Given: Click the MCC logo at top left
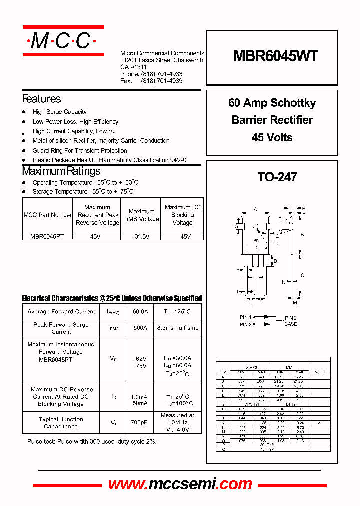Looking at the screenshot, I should [x=63, y=40].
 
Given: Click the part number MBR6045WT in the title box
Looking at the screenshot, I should [x=275, y=56].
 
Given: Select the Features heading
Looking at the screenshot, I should [x=42, y=99].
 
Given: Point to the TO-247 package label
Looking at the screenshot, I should [x=277, y=177].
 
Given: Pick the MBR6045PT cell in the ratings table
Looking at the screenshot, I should [x=48, y=236].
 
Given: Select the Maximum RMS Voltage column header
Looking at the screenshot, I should [x=142, y=215].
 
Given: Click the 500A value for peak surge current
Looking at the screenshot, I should [x=140, y=328].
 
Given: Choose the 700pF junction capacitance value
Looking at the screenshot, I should [x=140, y=423].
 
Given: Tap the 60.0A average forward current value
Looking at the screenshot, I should [x=140, y=311].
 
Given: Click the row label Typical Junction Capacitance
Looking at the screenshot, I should [x=61, y=423].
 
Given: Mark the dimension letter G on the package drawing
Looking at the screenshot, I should [x=236, y=226].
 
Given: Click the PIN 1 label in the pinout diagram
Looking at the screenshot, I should [x=246, y=317].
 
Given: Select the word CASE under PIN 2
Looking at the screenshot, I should [x=290, y=324].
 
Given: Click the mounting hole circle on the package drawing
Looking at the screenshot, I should [x=256, y=227].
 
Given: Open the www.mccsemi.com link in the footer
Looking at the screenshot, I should [x=180, y=484].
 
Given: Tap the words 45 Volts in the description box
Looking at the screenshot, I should [x=272, y=137].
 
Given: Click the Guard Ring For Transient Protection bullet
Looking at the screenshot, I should [x=80, y=150].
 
